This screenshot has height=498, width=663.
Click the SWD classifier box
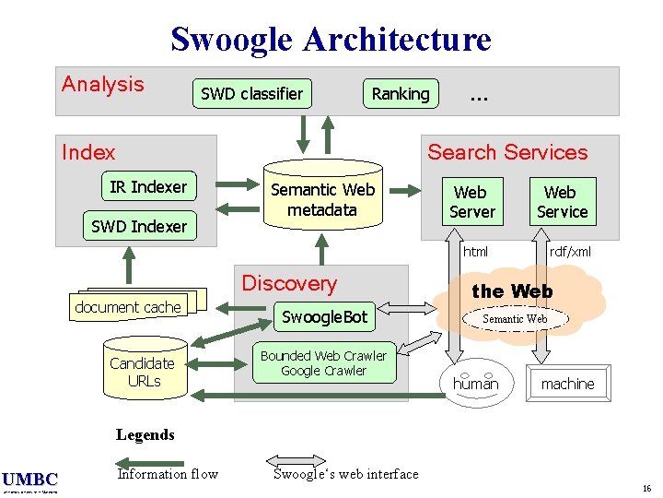[x=251, y=93]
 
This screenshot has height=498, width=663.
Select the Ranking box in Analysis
[x=400, y=93]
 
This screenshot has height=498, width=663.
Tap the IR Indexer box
[x=147, y=187]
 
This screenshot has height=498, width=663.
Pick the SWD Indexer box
[x=139, y=226]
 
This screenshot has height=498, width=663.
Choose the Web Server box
[x=471, y=202]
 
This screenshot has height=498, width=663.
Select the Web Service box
[x=562, y=202]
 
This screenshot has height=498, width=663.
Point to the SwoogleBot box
[x=324, y=317]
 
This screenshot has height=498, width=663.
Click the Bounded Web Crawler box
[x=324, y=363]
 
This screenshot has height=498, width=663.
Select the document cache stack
[x=129, y=306]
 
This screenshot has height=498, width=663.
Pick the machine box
[x=567, y=384]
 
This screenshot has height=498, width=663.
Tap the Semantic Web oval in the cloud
[x=516, y=319]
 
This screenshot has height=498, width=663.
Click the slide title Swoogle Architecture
[x=331, y=39]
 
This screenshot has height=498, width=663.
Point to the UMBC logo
[x=29, y=480]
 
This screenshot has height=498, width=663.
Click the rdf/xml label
[x=570, y=251]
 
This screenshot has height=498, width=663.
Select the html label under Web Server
[x=476, y=251]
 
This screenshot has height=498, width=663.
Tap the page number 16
[x=647, y=488]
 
